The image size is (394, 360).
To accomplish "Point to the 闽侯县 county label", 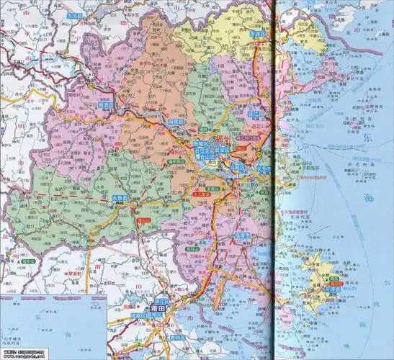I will (176, 123).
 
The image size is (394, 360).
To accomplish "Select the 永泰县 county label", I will (120, 197).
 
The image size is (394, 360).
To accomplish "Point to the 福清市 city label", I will (240, 235).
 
